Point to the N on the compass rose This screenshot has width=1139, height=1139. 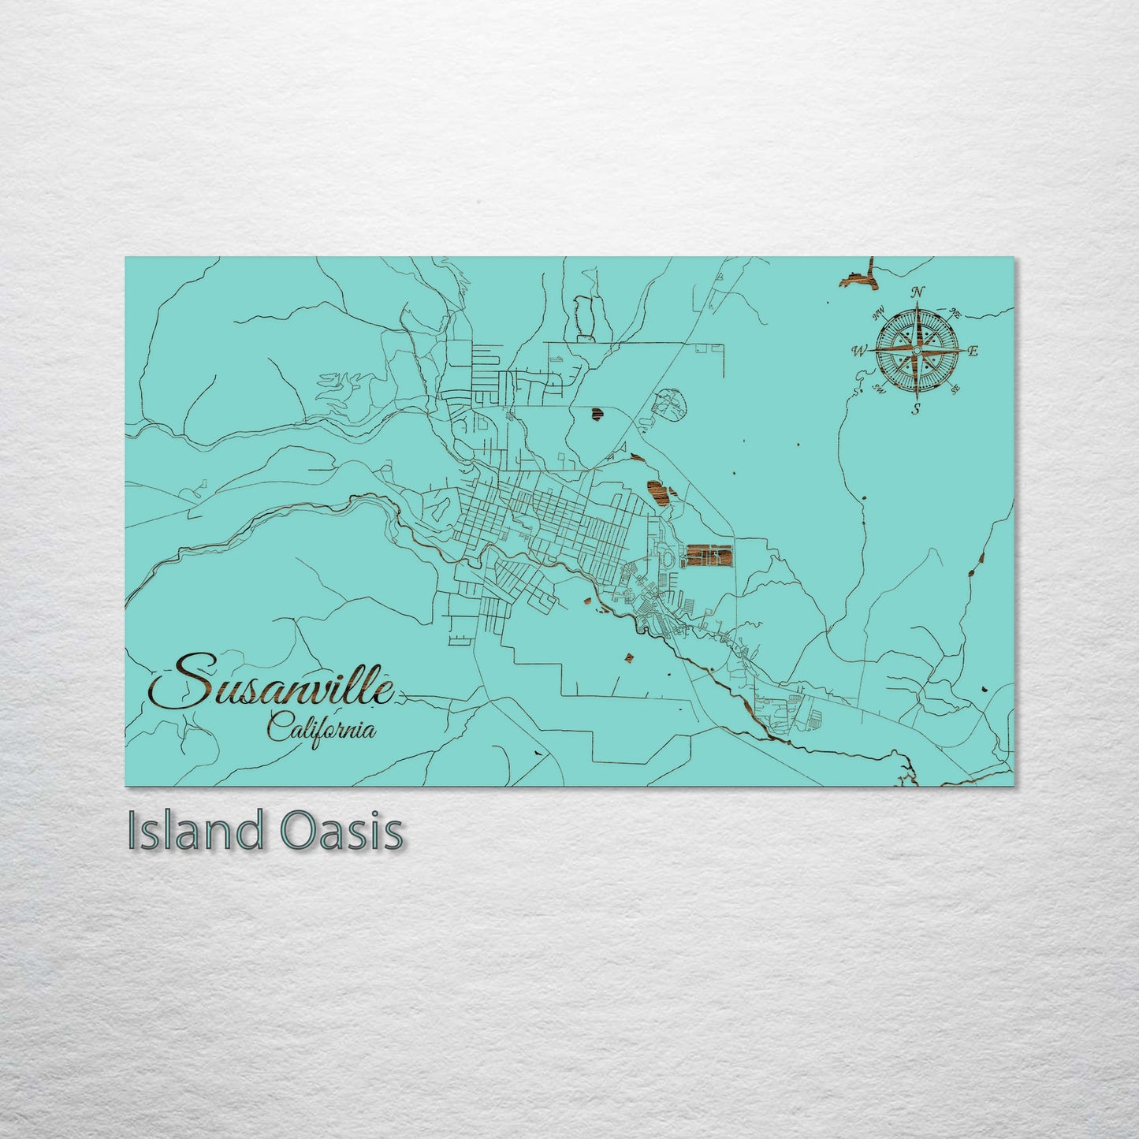click(918, 292)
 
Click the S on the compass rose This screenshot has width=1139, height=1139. click(916, 408)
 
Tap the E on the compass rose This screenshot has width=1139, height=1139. click(973, 352)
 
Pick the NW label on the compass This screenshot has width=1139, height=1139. click(878, 315)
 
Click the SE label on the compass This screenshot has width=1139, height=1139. click(955, 389)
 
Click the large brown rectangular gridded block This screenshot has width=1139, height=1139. click(708, 555)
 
